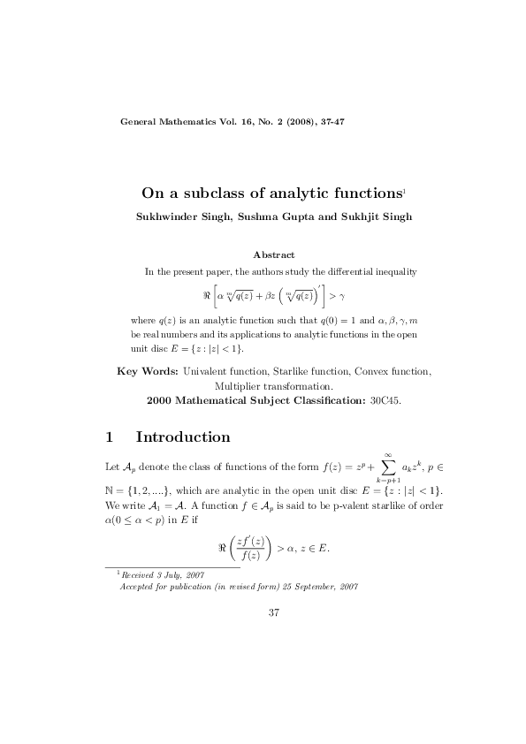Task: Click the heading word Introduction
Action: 183,437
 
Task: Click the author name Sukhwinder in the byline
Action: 164,216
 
